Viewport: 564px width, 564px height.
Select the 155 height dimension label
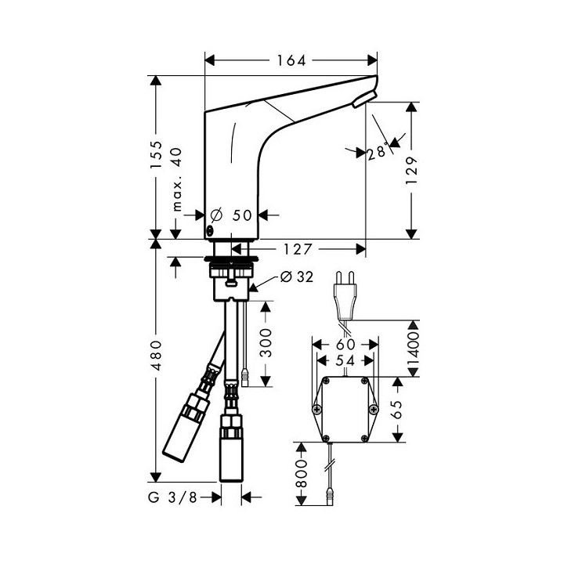click(157, 157)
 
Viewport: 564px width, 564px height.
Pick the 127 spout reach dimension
click(298, 249)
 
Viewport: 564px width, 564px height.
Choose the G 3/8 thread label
click(172, 497)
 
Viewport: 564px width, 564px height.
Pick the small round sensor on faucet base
click(210, 232)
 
